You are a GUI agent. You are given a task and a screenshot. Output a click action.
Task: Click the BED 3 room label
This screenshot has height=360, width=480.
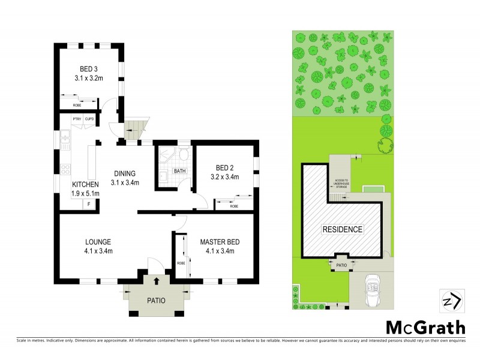(x=89, y=68)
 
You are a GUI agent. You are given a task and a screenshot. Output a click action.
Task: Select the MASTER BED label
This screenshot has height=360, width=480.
(x=220, y=242)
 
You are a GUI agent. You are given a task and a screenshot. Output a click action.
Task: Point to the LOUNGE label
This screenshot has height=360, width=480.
(x=98, y=242)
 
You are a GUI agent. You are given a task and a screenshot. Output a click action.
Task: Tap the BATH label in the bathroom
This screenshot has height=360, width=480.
(x=179, y=171)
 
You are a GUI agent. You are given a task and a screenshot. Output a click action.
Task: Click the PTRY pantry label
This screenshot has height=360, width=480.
(x=77, y=119)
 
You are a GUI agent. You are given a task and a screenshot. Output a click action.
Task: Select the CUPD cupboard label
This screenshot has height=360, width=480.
(x=89, y=119)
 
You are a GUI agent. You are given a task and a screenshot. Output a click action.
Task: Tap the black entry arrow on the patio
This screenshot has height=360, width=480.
(x=157, y=280)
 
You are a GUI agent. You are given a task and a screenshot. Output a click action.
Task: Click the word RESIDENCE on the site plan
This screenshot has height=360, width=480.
(x=343, y=229)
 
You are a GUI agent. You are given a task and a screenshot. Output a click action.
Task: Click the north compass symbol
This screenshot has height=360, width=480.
(x=451, y=300)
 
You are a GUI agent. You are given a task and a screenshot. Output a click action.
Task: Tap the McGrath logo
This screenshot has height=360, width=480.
(x=425, y=327)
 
